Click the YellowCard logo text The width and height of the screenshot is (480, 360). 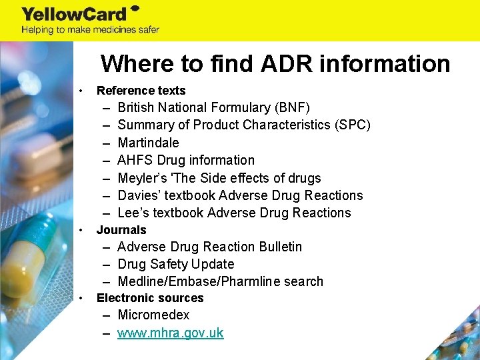[x=75, y=14]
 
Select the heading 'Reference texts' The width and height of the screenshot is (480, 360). [x=141, y=91]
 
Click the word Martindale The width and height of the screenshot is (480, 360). [x=148, y=143]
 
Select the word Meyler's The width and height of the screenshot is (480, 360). [x=141, y=178]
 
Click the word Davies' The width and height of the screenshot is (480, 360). [x=140, y=195]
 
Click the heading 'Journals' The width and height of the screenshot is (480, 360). [x=121, y=230]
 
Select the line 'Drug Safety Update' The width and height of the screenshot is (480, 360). [x=176, y=264]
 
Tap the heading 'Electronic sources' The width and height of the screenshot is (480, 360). [x=150, y=298]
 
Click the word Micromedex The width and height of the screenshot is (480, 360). [x=153, y=315]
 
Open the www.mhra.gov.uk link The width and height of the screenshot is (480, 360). [x=171, y=333]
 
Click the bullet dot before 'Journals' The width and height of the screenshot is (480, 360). [x=81, y=230]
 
